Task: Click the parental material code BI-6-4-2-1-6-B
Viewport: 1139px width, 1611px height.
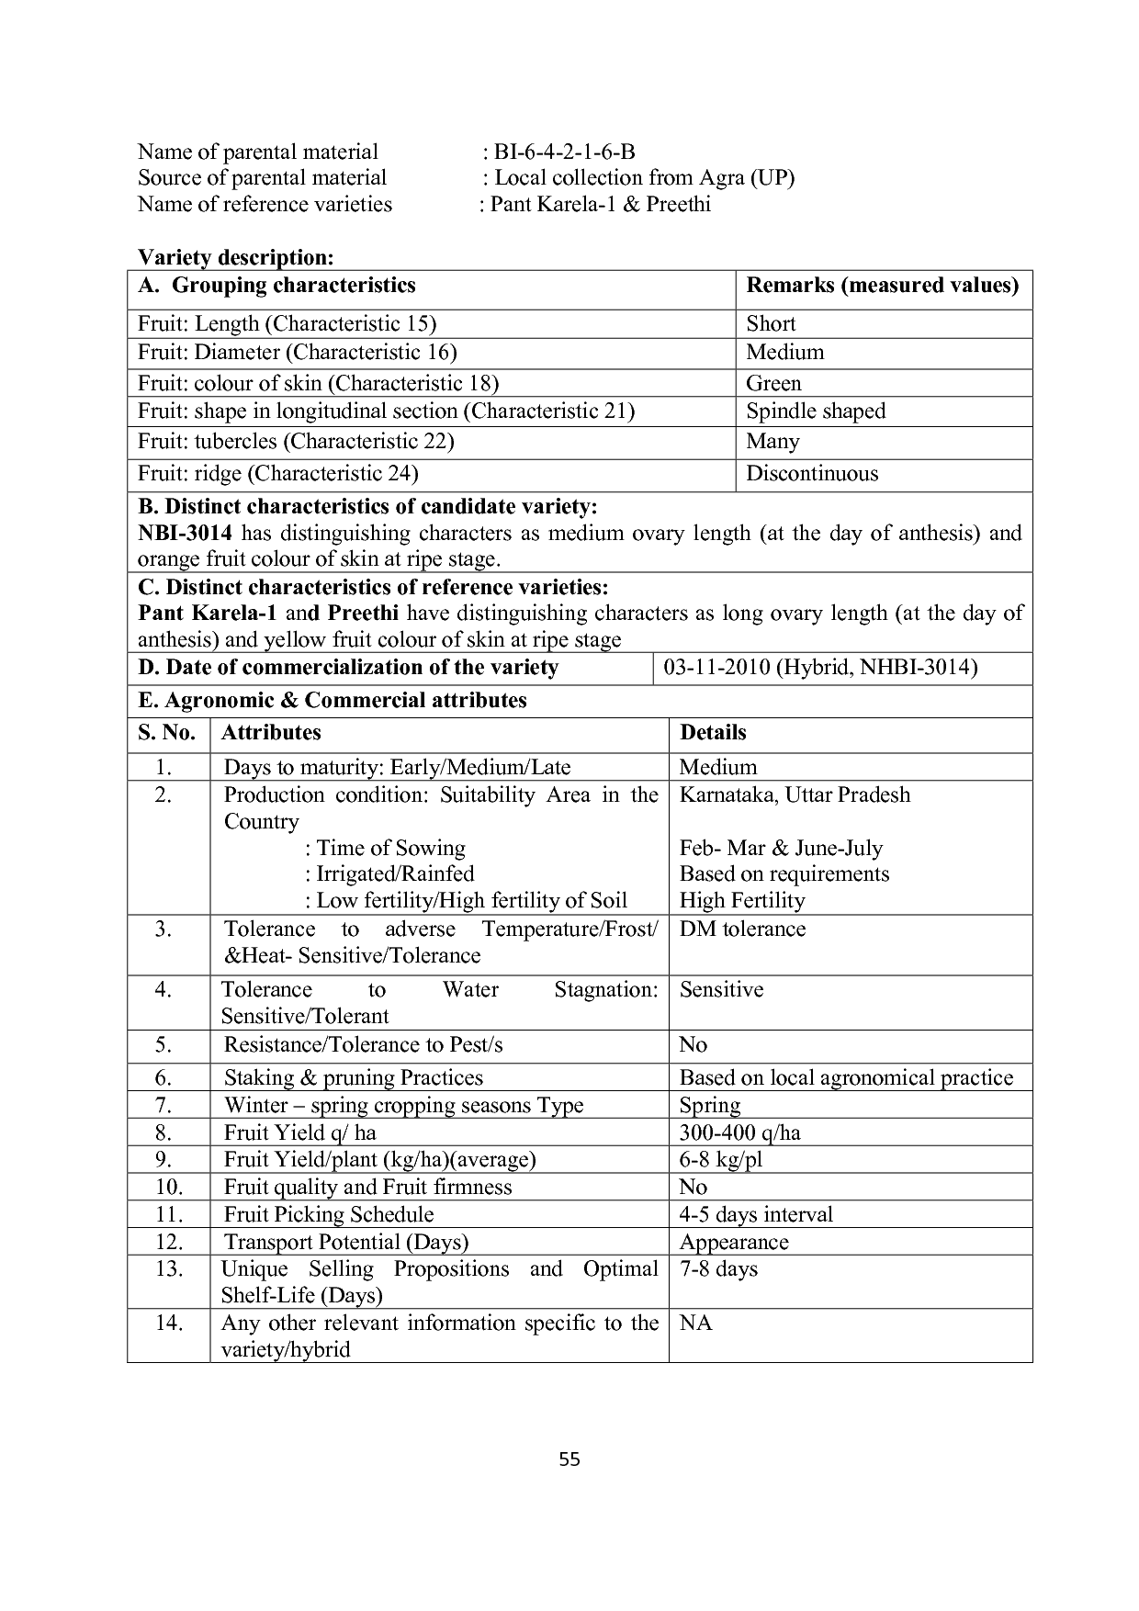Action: click(564, 152)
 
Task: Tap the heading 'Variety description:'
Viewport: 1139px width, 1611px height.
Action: click(235, 257)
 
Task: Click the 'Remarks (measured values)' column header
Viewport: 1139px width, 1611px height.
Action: click(882, 286)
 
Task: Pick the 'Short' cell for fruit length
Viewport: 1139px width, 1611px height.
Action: click(771, 323)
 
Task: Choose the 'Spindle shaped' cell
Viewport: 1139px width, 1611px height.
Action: click(816, 411)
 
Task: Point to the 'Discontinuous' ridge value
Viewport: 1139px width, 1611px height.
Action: click(812, 474)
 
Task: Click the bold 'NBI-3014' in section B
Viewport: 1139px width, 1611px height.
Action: click(185, 534)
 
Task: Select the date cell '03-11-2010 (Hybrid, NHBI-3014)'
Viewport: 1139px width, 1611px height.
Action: click(819, 668)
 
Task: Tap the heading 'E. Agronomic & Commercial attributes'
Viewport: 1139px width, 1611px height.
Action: click(333, 701)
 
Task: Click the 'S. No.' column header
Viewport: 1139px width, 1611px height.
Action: click(167, 733)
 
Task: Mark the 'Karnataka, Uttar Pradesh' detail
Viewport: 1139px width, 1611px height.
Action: click(795, 795)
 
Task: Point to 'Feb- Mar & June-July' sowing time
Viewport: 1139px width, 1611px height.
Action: click(781, 848)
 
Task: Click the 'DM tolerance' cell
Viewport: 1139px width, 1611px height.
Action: click(742, 929)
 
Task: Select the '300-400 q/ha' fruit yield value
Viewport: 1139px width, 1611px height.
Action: click(739, 1132)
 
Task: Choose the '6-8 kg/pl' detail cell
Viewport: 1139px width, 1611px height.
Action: click(720, 1160)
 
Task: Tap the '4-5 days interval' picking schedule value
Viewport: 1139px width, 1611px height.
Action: click(756, 1214)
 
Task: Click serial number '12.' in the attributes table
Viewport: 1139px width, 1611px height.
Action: click(169, 1242)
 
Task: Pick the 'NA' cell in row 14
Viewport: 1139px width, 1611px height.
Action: click(695, 1324)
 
